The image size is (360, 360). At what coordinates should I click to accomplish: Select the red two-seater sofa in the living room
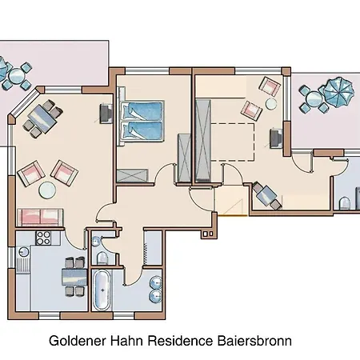(x=40, y=215)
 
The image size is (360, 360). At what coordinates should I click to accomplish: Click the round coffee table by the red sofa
(x=48, y=190)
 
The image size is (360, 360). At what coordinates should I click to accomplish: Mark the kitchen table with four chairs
(x=75, y=277)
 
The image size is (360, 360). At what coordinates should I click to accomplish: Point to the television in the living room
(x=106, y=116)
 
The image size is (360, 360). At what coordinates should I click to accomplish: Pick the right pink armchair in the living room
(x=64, y=171)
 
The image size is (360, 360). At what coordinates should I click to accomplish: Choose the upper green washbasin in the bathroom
(x=155, y=281)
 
